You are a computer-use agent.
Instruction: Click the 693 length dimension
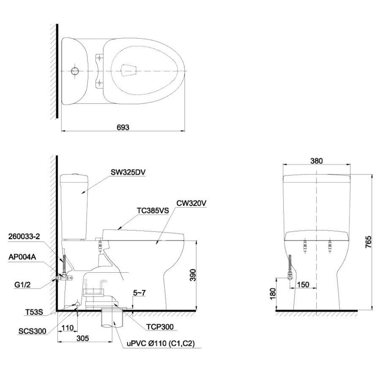tap(123, 127)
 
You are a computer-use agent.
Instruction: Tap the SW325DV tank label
tap(128, 172)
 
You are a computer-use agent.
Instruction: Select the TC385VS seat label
tap(153, 210)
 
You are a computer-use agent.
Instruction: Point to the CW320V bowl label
tap(191, 203)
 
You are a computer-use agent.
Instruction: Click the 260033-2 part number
tap(24, 237)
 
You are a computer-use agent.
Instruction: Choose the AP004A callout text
tap(22, 257)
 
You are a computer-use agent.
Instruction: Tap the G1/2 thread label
tap(22, 285)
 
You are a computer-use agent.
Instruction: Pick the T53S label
tap(34, 312)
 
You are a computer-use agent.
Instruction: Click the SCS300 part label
tap(33, 331)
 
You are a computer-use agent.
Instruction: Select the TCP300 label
tap(160, 327)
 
